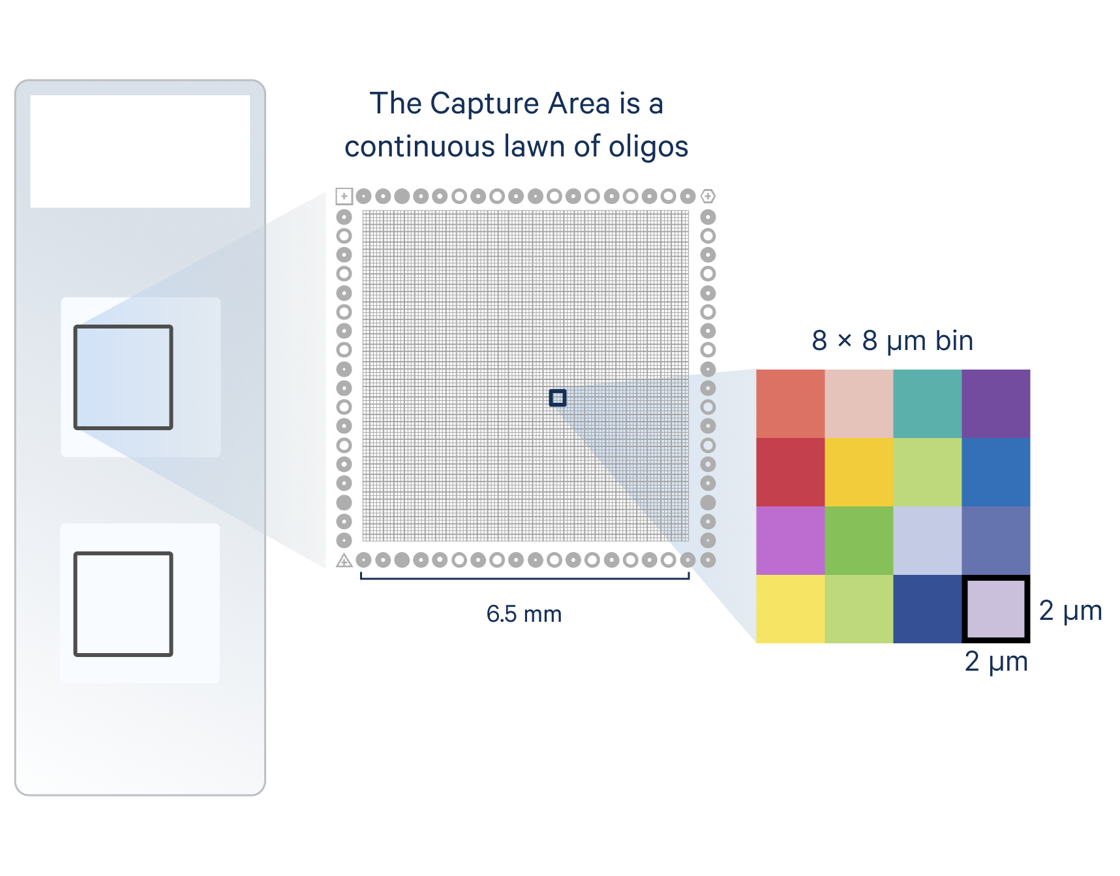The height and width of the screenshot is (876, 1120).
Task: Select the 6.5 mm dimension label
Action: [524, 614]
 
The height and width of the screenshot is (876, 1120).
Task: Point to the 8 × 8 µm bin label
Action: [892, 341]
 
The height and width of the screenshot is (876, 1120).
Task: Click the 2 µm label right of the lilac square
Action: [1070, 611]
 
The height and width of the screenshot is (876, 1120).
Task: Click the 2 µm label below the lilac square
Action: [996, 662]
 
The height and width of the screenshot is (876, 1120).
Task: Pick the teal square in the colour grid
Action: [927, 403]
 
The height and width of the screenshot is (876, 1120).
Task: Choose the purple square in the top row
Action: [996, 403]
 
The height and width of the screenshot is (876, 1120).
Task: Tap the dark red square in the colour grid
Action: [790, 472]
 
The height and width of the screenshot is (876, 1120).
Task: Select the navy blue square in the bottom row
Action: [927, 609]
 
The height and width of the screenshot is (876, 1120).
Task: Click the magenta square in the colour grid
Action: [790, 540]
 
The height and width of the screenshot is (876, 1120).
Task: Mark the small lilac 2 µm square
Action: [995, 609]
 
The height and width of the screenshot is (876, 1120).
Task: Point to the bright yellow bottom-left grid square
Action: [790, 609]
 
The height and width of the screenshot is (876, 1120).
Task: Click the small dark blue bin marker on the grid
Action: [558, 398]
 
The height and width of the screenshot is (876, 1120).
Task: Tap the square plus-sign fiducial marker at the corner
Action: [344, 196]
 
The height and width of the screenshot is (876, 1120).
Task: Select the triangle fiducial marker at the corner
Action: [344, 560]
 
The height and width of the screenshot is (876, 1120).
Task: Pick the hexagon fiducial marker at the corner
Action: [708, 196]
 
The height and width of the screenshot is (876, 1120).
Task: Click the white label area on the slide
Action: [140, 151]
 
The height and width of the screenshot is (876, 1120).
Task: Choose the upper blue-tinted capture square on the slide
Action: [123, 377]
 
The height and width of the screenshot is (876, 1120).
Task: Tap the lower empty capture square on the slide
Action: [123, 604]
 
